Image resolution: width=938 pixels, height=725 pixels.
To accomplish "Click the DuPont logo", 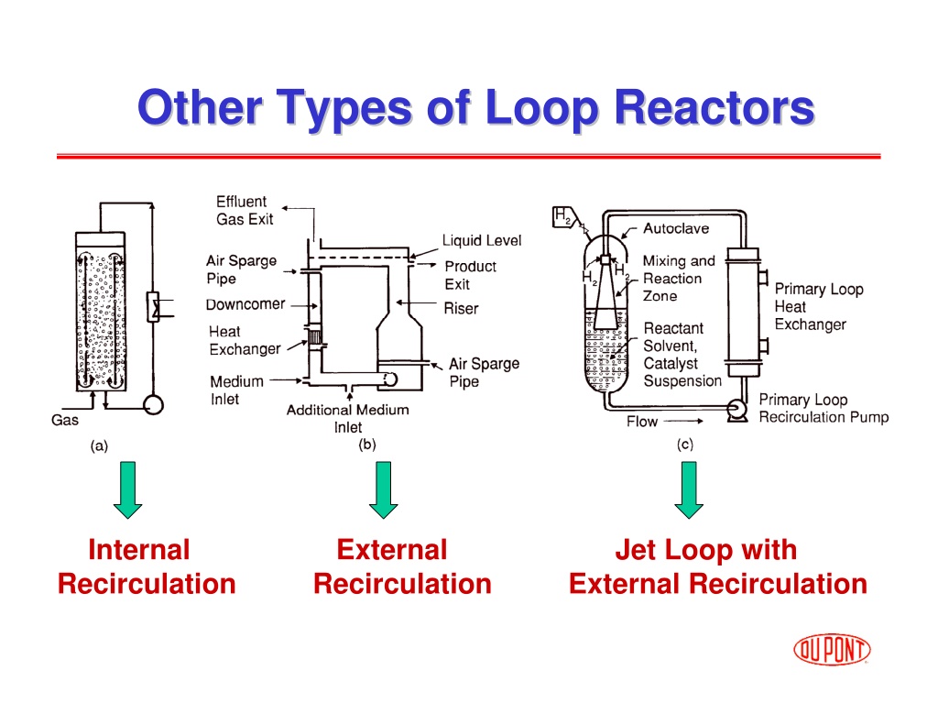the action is tap(832, 649).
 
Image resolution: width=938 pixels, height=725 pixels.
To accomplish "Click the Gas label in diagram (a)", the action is tap(65, 421).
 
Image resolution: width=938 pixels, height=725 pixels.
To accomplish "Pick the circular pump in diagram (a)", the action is tap(154, 405).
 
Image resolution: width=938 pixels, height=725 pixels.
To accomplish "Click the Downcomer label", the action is tap(245, 304).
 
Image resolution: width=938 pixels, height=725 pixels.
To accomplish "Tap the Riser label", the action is tap(462, 308).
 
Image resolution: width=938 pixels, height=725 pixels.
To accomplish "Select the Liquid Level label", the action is tap(482, 241).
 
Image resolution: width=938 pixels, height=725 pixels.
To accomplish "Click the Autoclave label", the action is tap(676, 228).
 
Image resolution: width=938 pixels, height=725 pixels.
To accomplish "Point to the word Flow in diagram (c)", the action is tap(642, 422).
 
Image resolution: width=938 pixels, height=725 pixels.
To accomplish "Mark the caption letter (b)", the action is tap(366, 445).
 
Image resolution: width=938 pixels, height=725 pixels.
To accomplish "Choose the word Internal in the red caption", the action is tap(139, 550).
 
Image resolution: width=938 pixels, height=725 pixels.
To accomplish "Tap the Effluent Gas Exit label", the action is tap(245, 210).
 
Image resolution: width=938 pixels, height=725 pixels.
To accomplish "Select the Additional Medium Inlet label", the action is tap(347, 419).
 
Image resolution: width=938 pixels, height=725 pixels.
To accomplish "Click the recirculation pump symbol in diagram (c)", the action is tap(737, 410).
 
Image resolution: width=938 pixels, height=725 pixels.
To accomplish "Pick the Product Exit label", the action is tap(470, 275).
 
